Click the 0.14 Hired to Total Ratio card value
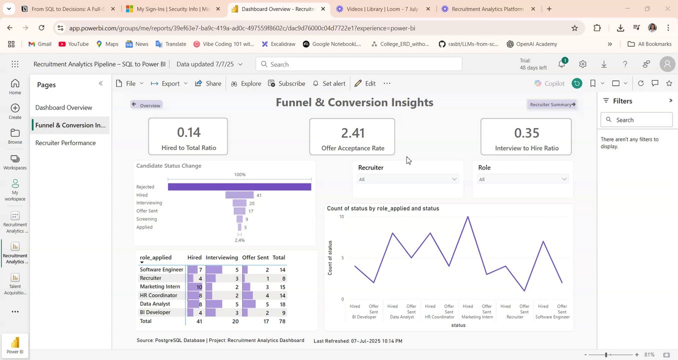tap(189, 132)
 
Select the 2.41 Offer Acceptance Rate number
tap(353, 133)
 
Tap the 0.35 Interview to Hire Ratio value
tap(526, 133)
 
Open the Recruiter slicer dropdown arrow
tap(454, 179)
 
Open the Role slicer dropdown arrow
tap(564, 179)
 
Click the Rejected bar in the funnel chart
tap(239, 187)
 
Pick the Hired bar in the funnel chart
tap(240, 195)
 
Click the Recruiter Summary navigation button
tap(552, 104)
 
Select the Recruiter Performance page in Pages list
tap(66, 143)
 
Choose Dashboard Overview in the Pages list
tap(64, 107)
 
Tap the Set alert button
tap(329, 83)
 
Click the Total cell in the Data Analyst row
tap(282, 304)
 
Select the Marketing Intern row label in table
tap(160, 287)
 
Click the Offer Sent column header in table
tap(255, 257)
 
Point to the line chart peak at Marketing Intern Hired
tap(468, 216)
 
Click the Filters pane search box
tap(636, 120)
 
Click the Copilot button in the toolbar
tap(549, 83)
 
